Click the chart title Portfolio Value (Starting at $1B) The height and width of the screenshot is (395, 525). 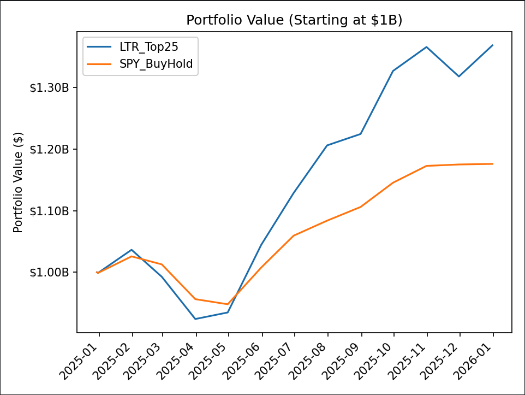[x=294, y=20]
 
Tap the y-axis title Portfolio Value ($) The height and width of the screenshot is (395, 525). [x=19, y=182]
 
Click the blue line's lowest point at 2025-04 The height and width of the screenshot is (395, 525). [x=195, y=319]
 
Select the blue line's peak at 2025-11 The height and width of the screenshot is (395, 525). [x=426, y=47]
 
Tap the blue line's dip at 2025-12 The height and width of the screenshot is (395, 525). [x=459, y=76]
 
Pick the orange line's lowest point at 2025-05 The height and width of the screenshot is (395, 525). [x=228, y=304]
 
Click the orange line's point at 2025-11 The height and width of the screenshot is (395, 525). [x=426, y=166]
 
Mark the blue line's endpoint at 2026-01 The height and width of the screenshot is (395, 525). [x=493, y=45]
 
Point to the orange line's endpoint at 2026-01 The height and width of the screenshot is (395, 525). [x=493, y=164]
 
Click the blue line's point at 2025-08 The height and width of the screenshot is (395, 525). [x=327, y=145]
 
